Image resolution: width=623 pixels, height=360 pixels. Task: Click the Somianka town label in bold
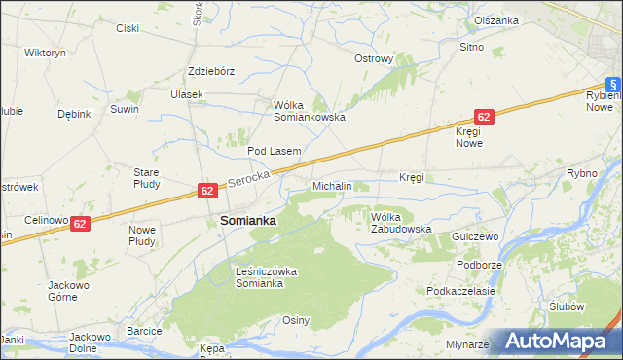click(248, 221)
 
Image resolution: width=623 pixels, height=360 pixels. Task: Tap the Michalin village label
click(332, 185)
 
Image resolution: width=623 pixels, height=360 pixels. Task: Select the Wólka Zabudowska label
click(400, 223)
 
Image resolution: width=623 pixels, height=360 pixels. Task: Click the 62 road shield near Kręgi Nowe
click(486, 116)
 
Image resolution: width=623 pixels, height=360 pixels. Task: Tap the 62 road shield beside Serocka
click(207, 191)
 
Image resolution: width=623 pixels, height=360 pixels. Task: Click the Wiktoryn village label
click(45, 52)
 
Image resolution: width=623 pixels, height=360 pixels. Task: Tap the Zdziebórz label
click(211, 71)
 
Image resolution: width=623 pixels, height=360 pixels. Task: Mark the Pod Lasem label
click(274, 151)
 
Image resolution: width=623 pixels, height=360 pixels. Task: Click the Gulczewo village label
click(475, 236)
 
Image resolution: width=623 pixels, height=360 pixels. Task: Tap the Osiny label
click(296, 320)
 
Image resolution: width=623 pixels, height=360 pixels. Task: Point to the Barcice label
click(143, 331)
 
